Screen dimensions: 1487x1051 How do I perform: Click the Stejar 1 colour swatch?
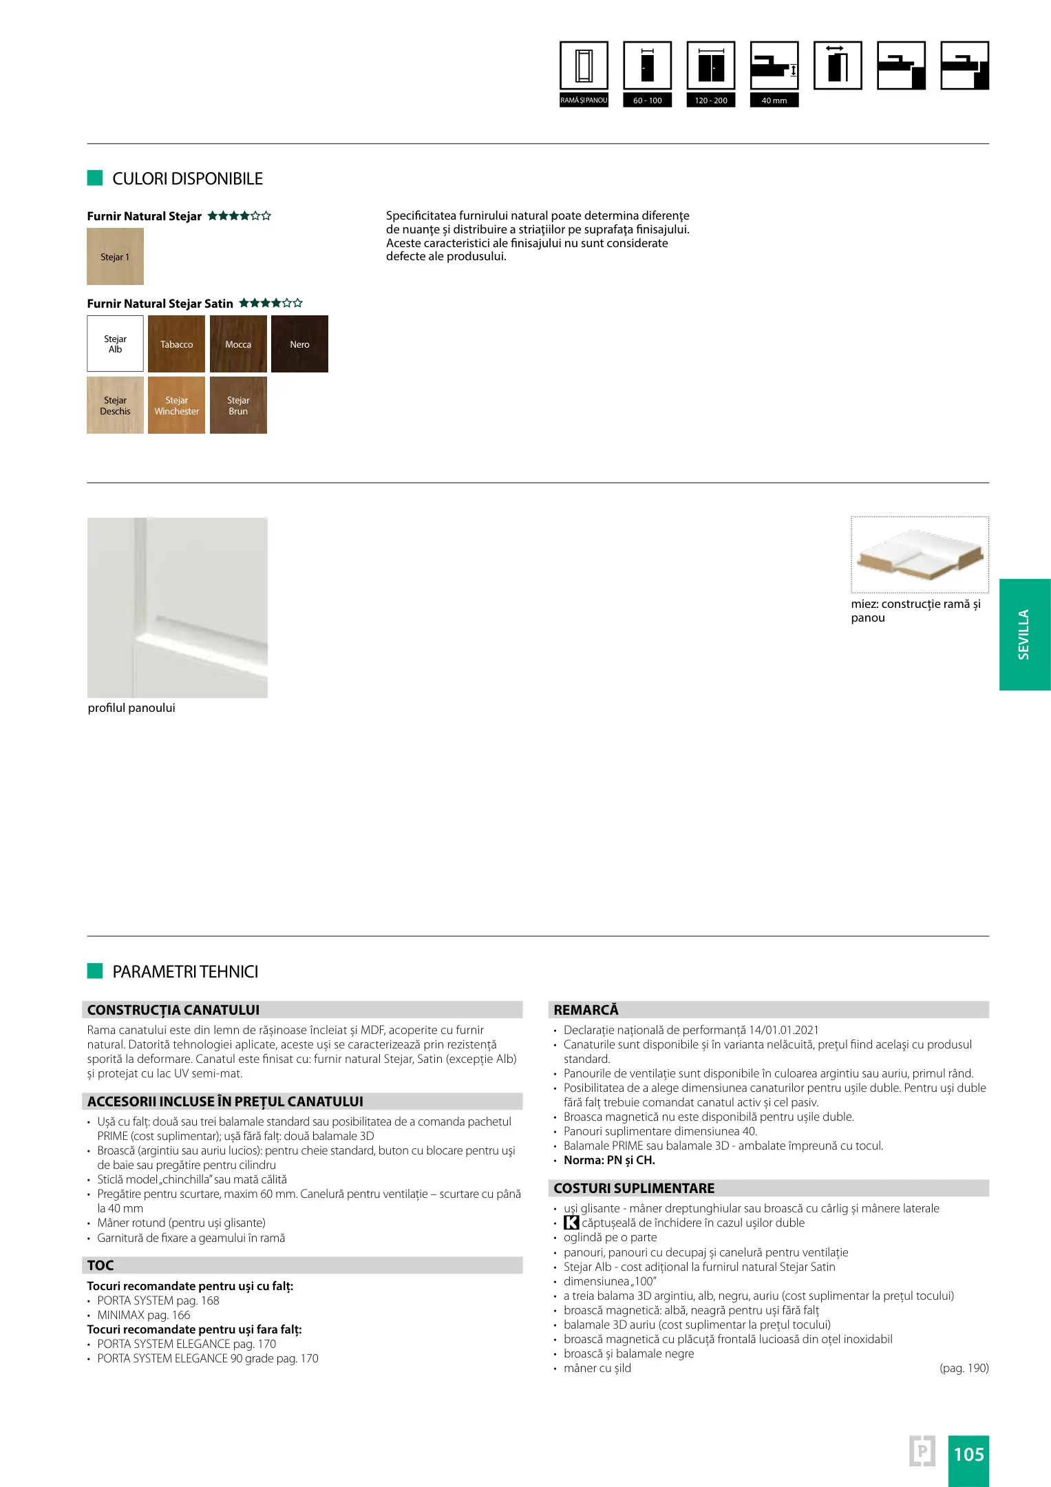115,257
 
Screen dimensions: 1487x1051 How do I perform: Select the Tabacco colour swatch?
176,344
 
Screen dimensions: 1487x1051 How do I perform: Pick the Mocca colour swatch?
238,344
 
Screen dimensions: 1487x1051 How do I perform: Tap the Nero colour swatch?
299,344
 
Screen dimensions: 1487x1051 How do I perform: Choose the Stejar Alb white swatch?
115,344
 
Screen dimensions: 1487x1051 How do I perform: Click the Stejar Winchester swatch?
176,405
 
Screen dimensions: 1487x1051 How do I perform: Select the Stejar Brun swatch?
238,405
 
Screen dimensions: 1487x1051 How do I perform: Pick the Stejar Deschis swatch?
115,405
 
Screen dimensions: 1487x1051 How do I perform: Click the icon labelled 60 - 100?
647,66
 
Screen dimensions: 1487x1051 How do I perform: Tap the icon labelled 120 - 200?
710,66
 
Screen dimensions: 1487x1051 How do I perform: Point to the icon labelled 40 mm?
774,66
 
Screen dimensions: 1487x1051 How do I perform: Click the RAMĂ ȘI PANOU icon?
584,66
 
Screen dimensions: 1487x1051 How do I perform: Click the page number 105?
968,1454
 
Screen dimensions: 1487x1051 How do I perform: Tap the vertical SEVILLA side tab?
1024,634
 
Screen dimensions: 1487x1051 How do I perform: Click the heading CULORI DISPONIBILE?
187,179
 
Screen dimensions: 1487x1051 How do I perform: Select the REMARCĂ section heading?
586,1010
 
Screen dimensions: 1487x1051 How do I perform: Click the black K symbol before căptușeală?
571,1223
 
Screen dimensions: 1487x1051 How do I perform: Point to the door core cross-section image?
920,555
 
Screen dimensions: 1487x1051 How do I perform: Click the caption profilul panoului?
131,708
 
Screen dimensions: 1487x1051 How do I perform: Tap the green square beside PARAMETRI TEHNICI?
95,971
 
